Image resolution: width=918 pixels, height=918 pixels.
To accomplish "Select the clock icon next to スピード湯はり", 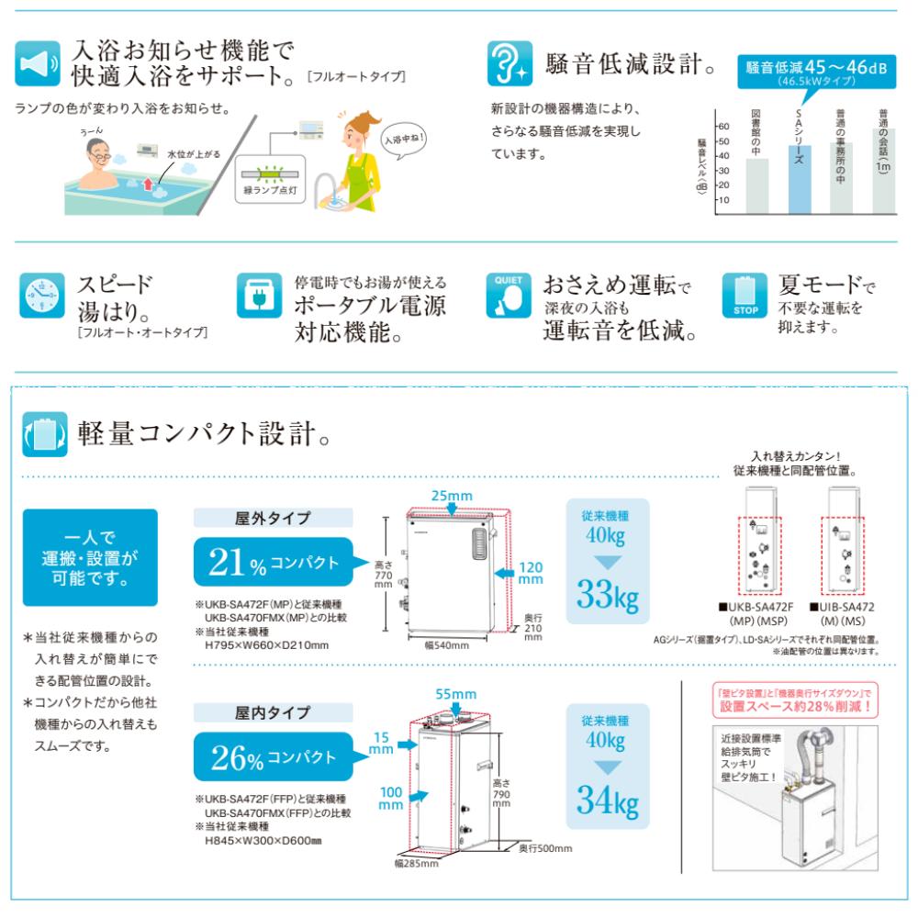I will [x=42, y=296].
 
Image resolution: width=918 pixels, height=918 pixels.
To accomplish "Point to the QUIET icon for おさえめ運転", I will [x=509, y=296].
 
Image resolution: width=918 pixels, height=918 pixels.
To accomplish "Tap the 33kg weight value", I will [x=607, y=597].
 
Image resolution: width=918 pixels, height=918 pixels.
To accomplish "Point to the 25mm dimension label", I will [x=451, y=497].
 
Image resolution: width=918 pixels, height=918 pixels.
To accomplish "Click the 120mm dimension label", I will [x=530, y=573].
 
